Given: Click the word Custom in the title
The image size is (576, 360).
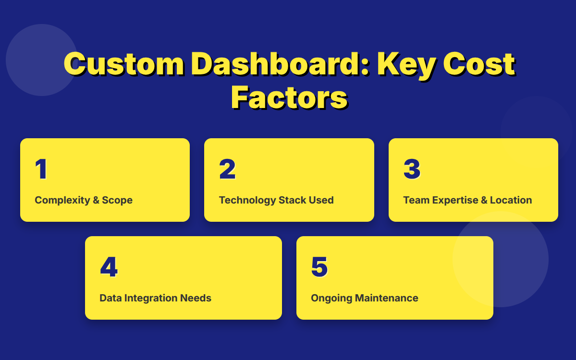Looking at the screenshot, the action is [124, 64].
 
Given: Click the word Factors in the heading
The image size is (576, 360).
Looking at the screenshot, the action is [289, 97].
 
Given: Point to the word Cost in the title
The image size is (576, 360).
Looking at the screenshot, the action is [479, 64].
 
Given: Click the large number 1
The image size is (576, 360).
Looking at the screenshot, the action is [41, 169].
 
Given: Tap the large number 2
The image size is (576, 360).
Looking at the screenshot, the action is [227, 169].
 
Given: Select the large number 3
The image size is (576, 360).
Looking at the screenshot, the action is [412, 169].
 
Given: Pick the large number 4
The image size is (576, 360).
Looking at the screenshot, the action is [109, 267].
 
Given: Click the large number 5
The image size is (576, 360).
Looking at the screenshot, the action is [319, 267].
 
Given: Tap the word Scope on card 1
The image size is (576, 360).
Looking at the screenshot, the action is [117, 200].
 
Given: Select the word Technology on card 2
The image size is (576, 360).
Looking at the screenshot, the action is [247, 200].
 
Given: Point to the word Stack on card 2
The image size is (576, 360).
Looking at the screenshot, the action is [293, 200].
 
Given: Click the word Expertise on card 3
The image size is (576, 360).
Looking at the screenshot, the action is [455, 200].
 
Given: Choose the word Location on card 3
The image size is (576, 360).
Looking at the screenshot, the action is [511, 200].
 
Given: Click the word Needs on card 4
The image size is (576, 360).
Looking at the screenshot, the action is [197, 298].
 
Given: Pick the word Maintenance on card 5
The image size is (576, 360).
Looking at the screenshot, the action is [386, 298].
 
